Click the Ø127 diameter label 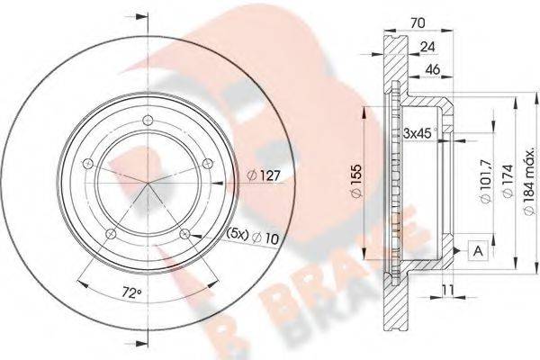[x=264, y=176]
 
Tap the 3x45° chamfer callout [x=418, y=133]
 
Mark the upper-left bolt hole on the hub [x=86, y=163]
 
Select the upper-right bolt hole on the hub [x=207, y=162]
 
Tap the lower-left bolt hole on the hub [x=110, y=234]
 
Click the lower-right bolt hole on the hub [x=184, y=234]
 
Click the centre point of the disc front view [x=147, y=191]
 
